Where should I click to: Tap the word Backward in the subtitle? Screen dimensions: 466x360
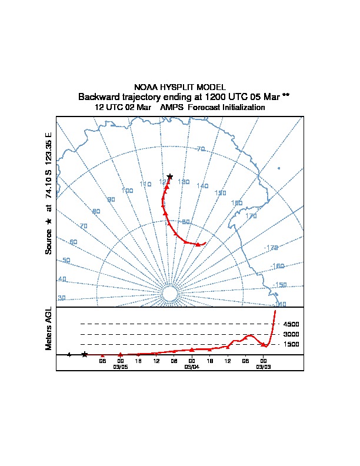tap(98, 96)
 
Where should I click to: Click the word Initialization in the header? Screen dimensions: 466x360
tap(242, 108)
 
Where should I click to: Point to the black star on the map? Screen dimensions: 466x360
tap(170, 177)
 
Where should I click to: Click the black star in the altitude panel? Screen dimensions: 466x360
tap(85, 354)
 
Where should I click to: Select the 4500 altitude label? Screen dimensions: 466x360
tap(291, 324)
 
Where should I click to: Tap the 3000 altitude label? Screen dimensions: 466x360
tap(291, 334)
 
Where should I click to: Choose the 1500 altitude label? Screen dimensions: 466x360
tap(291, 344)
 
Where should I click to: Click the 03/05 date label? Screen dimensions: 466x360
tap(120, 367)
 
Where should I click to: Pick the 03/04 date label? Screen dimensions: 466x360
tap(192, 367)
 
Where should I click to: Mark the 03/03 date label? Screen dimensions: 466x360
tap(263, 367)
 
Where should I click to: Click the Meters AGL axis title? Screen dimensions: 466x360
tap(49, 328)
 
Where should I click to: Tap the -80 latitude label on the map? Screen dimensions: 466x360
tap(185, 222)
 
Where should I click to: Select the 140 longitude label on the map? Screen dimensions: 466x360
tap(202, 186)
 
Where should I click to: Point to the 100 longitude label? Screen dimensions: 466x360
tap(127, 191)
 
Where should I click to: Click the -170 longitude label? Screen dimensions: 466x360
tap(271, 248)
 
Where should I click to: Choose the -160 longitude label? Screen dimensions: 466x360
tap(278, 266)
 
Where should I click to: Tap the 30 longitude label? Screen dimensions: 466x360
tap(62, 298)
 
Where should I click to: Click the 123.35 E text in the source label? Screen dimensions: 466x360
tap(49, 151)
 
